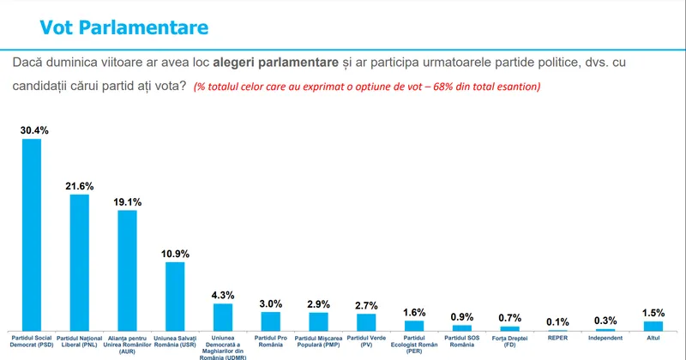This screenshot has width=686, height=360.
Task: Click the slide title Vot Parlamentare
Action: (x=124, y=27)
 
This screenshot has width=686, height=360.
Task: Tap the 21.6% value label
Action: (x=79, y=186)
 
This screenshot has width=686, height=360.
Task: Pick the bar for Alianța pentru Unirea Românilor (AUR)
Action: (x=127, y=270)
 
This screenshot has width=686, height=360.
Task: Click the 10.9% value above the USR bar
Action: (x=175, y=254)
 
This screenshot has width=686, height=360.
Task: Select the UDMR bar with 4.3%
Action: (x=223, y=316)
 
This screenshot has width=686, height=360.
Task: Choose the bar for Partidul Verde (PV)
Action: (x=366, y=321)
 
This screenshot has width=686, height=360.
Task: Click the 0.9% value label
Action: (x=461, y=317)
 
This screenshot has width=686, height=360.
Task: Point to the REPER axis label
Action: (x=557, y=339)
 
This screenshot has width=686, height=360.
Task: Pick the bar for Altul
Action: (x=653, y=325)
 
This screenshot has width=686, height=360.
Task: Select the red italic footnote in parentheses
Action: (x=367, y=87)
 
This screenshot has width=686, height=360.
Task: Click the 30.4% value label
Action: (x=32, y=130)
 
